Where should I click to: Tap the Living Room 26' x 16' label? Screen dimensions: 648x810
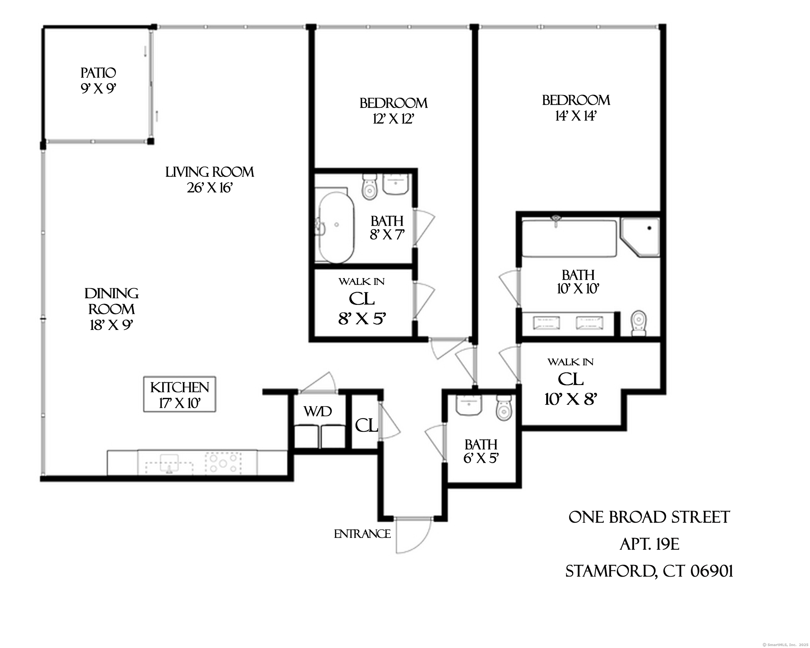coord(210,179)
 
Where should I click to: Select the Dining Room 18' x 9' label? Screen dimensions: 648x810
coord(111,309)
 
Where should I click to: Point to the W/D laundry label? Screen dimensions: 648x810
coord(318,412)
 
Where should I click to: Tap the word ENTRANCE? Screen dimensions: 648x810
coord(362,534)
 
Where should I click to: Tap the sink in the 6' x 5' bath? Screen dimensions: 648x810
coord(469,405)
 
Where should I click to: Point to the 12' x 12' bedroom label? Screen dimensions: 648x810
coord(393,111)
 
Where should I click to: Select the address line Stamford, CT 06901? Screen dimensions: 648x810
coord(649,571)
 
